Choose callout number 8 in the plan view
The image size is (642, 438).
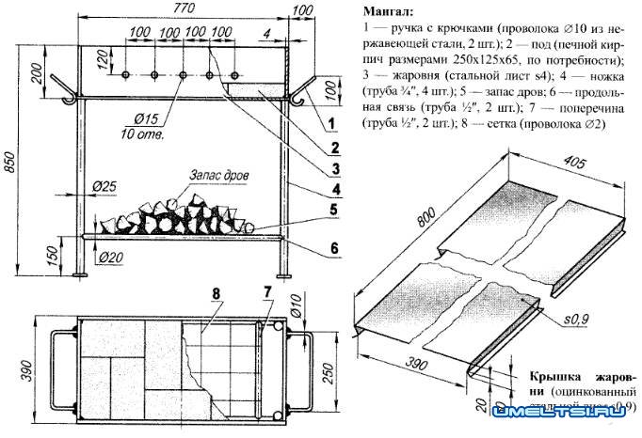[217, 293]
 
